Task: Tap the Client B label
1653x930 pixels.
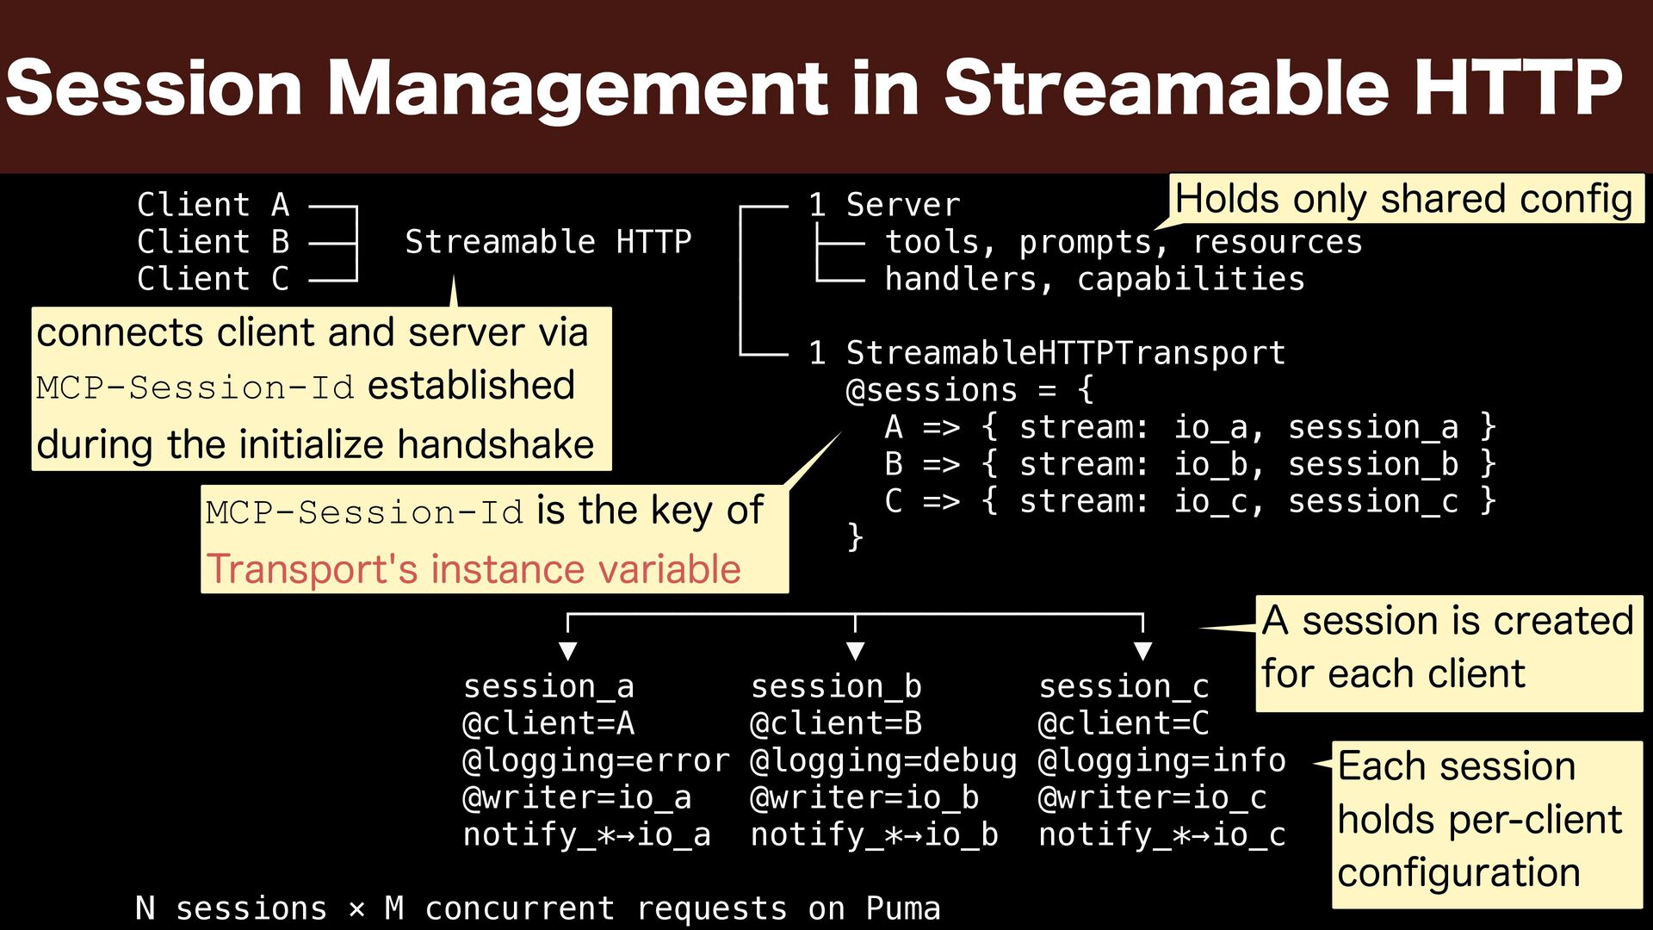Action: coord(213,242)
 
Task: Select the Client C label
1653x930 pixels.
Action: coord(213,279)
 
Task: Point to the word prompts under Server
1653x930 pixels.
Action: coord(1086,242)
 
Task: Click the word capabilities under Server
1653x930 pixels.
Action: coord(1191,279)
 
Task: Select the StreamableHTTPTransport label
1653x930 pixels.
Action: coord(1065,353)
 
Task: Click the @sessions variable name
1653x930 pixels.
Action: coord(932,390)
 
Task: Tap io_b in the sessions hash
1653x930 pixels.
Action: coord(1210,464)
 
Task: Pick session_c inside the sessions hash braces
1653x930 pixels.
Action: coord(1373,501)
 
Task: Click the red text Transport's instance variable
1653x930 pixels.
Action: coord(474,569)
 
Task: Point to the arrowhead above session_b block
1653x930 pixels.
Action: coord(855,650)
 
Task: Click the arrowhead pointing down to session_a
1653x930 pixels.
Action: coord(567,650)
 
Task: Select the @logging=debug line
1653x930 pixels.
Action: coord(883,760)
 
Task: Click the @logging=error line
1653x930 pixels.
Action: coord(596,760)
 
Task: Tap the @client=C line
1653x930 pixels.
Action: coord(1124,723)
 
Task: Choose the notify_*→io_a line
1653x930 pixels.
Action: coord(586,834)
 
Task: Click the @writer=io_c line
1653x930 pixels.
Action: coord(1152,797)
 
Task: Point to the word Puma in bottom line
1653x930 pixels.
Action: coord(903,908)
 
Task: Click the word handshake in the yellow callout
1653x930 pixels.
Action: coord(496,445)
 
